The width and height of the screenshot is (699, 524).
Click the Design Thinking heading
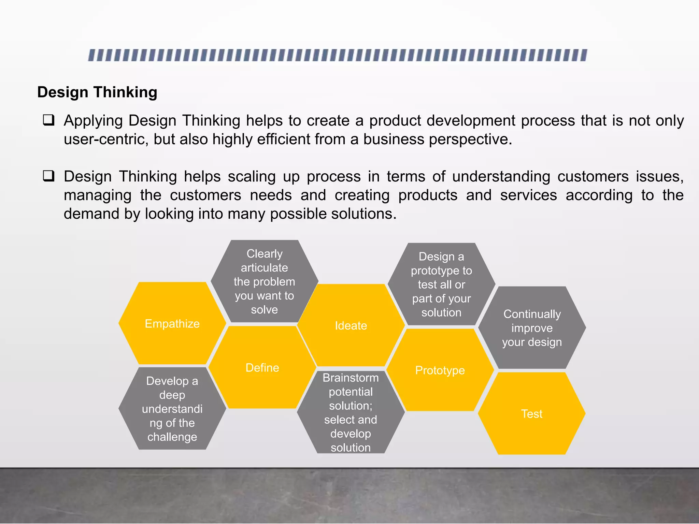pos(97,92)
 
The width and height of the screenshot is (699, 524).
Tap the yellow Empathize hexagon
pos(172,323)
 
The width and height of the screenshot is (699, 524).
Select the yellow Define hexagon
pos(262,367)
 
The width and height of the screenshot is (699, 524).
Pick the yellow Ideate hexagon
pos(351,325)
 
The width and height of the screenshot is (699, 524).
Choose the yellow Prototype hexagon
pos(440,370)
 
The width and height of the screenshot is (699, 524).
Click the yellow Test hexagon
pos(532,413)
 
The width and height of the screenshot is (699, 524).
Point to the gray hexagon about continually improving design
pos(532,328)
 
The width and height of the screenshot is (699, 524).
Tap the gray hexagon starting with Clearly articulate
pos(265,281)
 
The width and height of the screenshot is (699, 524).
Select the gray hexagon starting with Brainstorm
pos(351,412)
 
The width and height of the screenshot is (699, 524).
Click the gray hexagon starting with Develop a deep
pos(172,409)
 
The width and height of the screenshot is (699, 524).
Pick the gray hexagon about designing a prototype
pos(441,284)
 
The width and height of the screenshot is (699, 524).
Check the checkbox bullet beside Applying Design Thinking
pos(48,120)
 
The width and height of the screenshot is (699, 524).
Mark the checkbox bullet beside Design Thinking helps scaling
pos(48,176)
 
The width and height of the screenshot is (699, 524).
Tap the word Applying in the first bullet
pos(93,121)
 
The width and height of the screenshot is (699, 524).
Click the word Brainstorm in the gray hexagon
pos(351,378)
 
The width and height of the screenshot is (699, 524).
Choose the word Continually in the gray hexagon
pos(532,314)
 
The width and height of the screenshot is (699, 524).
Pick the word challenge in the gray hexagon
pos(172,437)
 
